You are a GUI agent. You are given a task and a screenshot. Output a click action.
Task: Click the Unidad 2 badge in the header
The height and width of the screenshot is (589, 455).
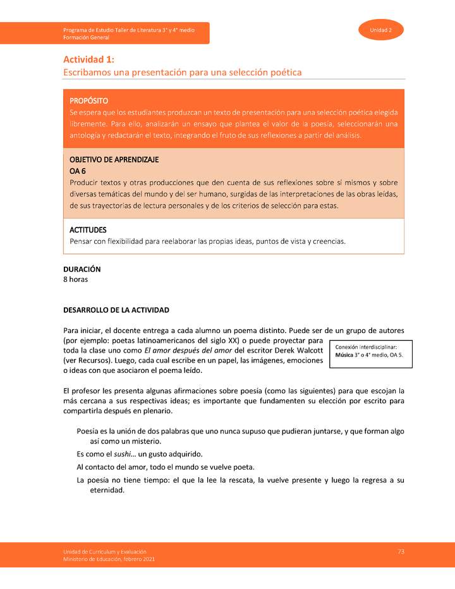coord(381,30)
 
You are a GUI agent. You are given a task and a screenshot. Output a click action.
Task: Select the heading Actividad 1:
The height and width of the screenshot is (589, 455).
coord(88,59)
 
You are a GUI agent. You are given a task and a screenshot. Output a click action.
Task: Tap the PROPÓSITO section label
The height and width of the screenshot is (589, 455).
coord(88,100)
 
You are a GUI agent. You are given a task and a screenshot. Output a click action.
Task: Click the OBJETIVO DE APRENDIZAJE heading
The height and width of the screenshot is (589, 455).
coord(114,159)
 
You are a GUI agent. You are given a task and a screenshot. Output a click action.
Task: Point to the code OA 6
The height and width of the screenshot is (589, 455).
coord(77,171)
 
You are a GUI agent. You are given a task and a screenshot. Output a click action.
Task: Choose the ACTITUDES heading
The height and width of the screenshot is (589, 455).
coord(88,230)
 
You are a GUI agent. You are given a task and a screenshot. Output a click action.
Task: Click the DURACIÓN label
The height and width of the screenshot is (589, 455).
coord(82,269)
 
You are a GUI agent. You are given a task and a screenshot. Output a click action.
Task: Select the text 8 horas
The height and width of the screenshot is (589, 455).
coord(75,279)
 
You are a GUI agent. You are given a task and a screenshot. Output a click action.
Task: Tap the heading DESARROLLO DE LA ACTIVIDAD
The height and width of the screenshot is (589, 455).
coord(116,310)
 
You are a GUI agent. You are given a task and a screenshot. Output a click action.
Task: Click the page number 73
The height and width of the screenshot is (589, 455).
coord(401,552)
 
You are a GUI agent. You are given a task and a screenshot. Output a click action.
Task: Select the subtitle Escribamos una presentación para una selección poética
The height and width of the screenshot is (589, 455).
coord(182,73)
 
